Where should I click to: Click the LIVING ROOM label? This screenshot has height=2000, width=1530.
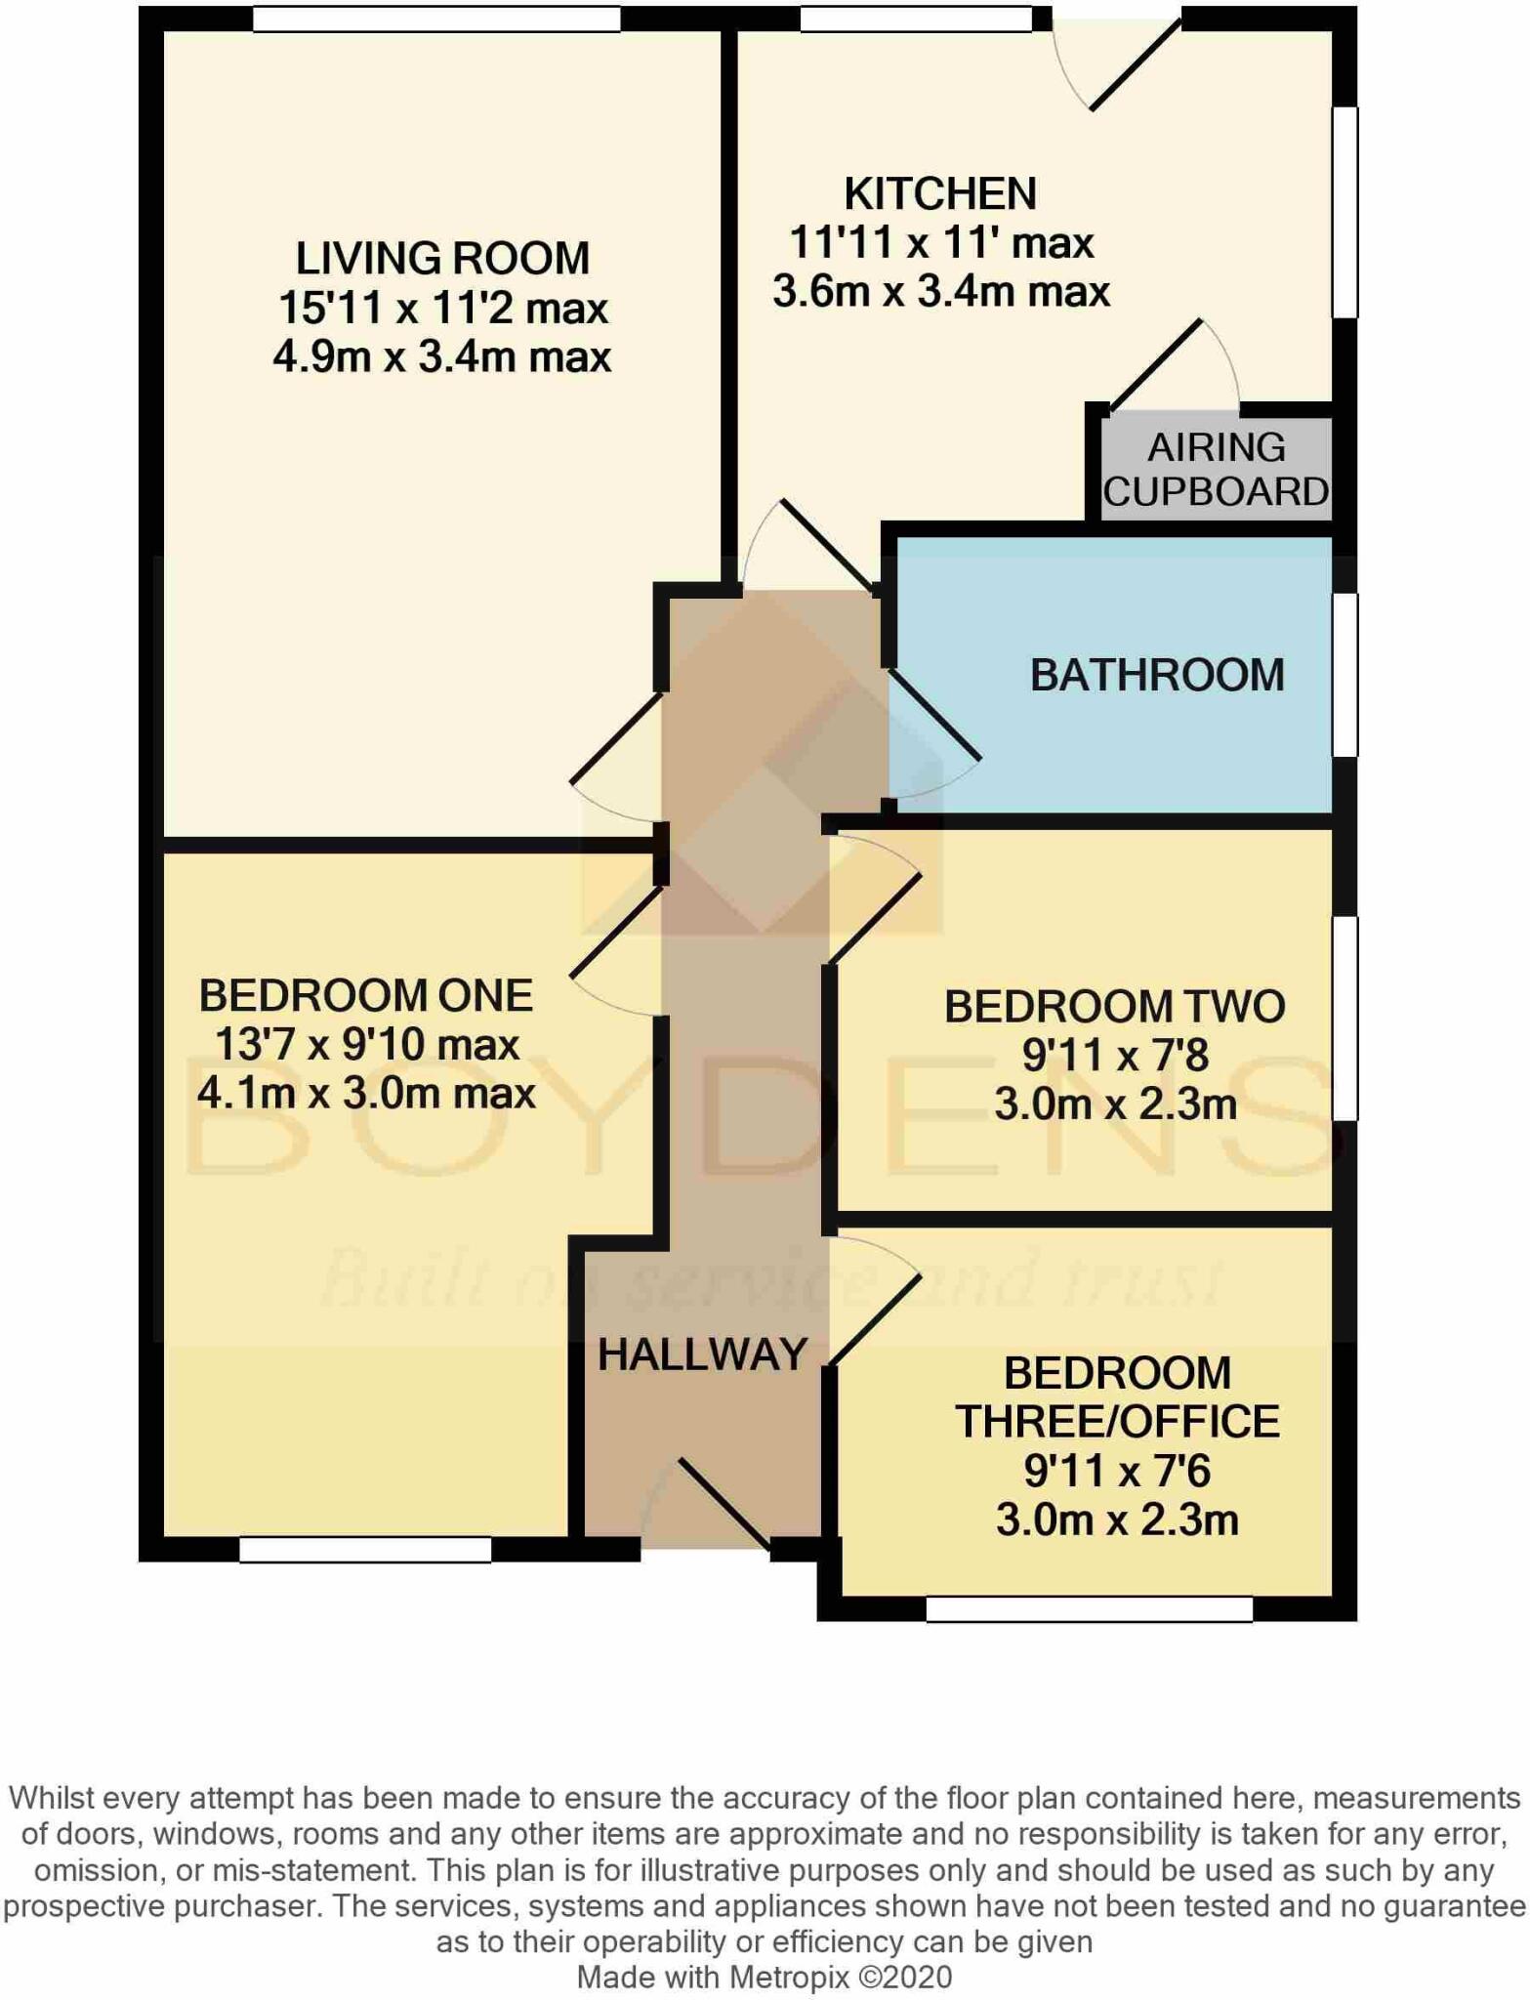click(x=442, y=259)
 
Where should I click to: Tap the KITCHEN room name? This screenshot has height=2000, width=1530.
click(x=939, y=193)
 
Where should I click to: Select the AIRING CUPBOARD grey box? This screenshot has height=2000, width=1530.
click(x=1216, y=470)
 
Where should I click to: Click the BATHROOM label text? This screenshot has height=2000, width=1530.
click(x=1157, y=676)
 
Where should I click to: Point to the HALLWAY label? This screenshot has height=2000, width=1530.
click(x=702, y=1354)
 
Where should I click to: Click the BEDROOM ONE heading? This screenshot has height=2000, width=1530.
click(x=366, y=996)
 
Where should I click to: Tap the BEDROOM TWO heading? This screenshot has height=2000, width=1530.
click(x=1114, y=1007)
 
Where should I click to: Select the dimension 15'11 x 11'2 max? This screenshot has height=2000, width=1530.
click(x=442, y=309)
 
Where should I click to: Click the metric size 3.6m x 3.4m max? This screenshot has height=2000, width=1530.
click(x=940, y=292)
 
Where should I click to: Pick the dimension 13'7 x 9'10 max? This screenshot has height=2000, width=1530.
click(x=366, y=1045)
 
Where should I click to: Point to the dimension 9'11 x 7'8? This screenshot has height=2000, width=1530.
click(x=1114, y=1056)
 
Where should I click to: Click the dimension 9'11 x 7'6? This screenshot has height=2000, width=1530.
click(x=1116, y=1471)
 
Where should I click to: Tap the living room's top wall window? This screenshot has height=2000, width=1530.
click(x=436, y=19)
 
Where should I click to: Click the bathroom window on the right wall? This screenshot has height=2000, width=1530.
click(x=1344, y=674)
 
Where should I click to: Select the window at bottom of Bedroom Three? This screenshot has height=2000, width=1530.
click(x=1089, y=1608)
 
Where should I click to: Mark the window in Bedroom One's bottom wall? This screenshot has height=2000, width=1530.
click(x=365, y=1550)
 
